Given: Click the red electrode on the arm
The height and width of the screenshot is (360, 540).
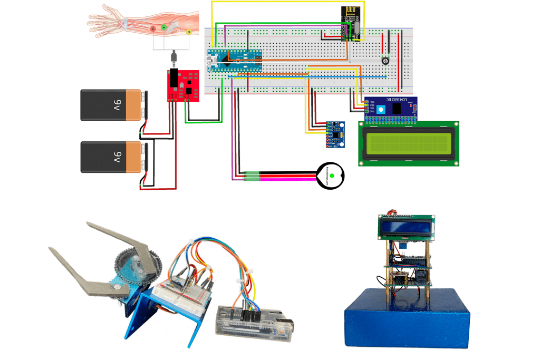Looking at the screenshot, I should click(x=153, y=28).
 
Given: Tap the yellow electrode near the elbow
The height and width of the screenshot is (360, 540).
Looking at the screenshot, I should click(x=189, y=33).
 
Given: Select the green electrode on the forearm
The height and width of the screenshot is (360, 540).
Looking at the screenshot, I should click(x=164, y=27).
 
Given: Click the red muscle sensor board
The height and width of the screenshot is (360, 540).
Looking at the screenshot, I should click(x=183, y=86).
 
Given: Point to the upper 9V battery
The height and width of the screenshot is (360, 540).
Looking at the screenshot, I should click(x=112, y=105).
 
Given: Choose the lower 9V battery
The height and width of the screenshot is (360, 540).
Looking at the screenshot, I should click(x=112, y=157).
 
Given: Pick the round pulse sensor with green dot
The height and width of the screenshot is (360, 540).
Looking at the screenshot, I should click(x=331, y=174).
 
